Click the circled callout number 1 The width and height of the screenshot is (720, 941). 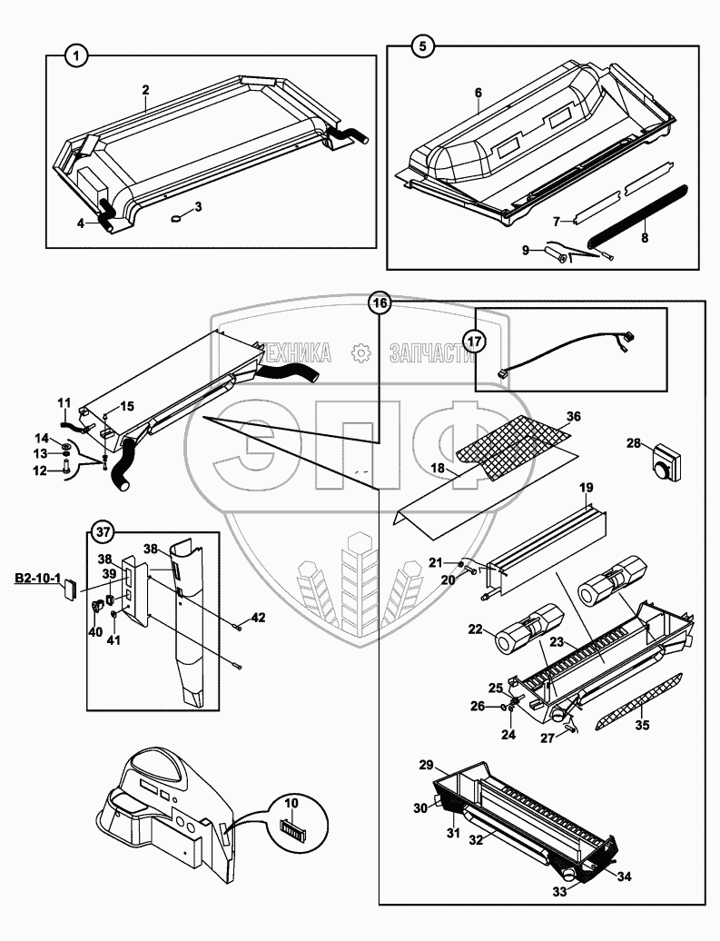click(78, 56)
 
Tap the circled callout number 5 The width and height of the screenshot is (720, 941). click(419, 44)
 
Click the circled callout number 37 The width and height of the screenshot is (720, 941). click(104, 532)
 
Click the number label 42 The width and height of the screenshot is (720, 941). click(259, 618)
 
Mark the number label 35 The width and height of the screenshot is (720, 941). click(644, 724)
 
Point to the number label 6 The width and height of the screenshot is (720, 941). click(478, 93)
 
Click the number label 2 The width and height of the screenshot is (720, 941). click(145, 90)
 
